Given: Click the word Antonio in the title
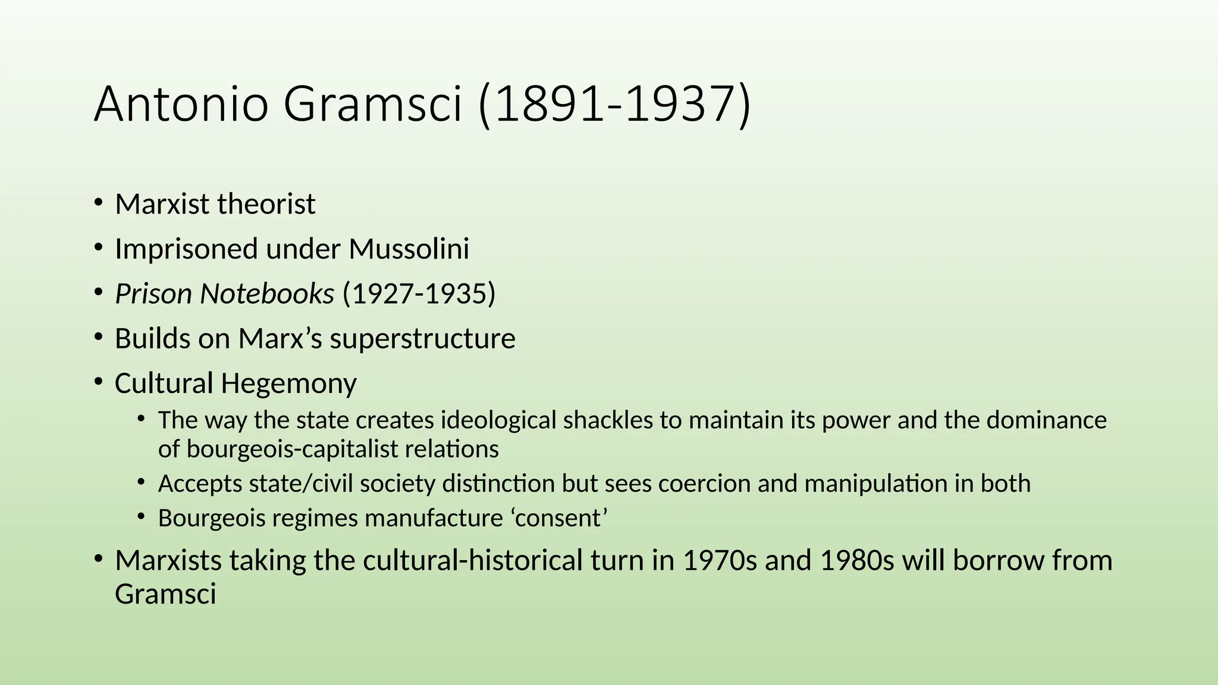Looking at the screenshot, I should pos(181,105).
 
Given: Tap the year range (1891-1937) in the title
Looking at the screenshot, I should pos(614,105).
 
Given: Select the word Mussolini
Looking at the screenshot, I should pos(409,249).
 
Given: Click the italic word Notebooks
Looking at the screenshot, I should pos(266,294).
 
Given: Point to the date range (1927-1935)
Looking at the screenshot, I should pos(419,294).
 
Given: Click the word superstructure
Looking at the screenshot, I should pos(422,339).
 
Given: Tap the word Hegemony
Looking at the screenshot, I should pos(288,384).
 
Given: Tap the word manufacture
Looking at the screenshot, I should pos(434,519).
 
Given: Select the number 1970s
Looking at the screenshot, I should pos(720,561).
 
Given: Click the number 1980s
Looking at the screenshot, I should pos(856,561).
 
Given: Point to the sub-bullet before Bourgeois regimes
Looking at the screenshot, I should pos(141,517).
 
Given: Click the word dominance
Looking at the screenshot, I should pos(1047,420).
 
